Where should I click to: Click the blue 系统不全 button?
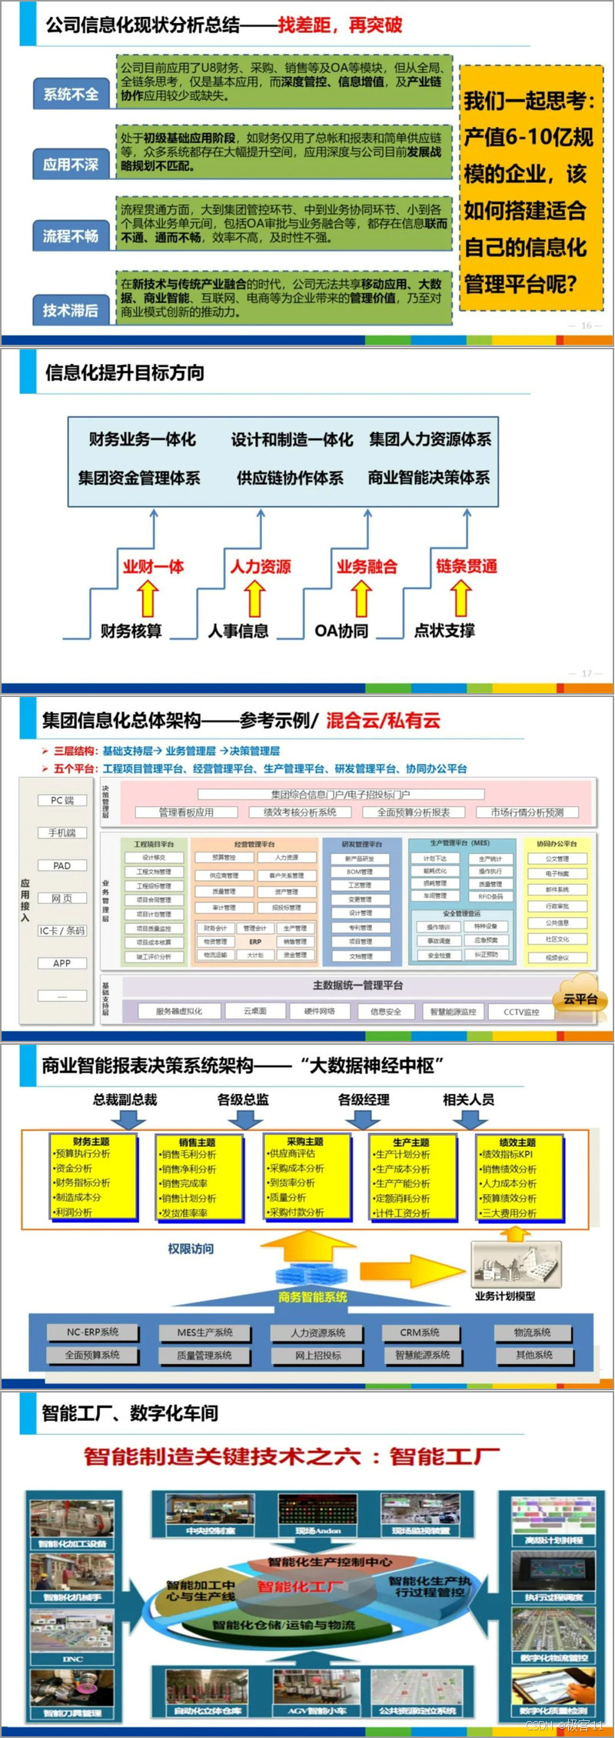[71, 95]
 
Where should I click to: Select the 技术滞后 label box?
[71, 310]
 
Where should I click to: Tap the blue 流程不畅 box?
[71, 236]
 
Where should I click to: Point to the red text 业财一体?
[153, 567]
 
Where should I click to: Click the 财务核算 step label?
[131, 631]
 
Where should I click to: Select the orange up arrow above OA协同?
[361, 599]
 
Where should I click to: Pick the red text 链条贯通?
[467, 566]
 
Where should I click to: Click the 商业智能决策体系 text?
[429, 478]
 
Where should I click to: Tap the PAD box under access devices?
[62, 866]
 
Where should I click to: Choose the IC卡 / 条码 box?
[62, 930]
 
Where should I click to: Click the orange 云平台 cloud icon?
[580, 995]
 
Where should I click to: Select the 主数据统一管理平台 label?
[358, 985]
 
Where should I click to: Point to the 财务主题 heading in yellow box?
[91, 1141]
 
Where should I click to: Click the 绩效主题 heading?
[517, 1142]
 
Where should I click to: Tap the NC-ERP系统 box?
[92, 1332]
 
